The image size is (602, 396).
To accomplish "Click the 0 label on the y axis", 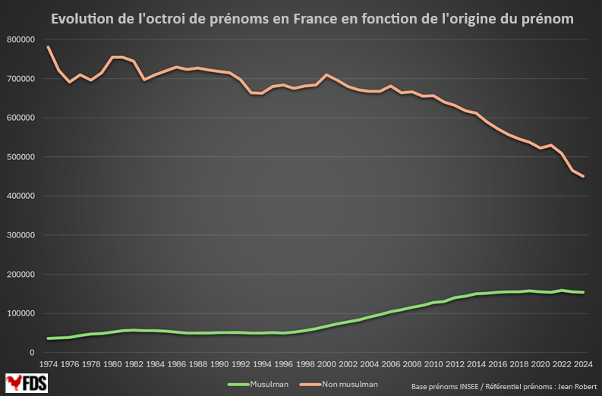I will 31,353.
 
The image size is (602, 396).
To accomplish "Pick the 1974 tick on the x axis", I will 48,365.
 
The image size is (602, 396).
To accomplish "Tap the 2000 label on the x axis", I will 326,365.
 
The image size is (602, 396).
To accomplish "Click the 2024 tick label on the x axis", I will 583,365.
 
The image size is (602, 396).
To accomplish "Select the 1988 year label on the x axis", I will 197,365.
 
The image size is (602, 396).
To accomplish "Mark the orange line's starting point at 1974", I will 48,47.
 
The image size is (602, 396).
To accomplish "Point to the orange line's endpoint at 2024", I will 583,177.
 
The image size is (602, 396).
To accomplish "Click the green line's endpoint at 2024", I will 583,292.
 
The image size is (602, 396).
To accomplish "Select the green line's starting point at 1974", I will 48,338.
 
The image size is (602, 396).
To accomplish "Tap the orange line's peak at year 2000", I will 326,75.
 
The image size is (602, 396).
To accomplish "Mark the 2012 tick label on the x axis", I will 455,365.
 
